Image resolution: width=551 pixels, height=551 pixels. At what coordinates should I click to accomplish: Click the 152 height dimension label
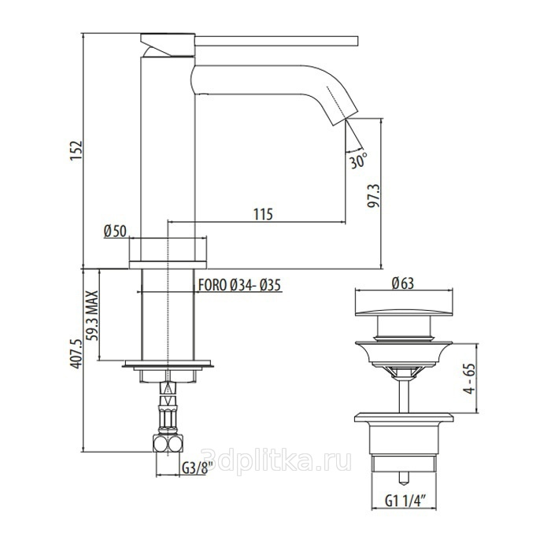[x=76, y=151]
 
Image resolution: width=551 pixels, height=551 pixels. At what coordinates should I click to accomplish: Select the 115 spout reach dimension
[x=263, y=214]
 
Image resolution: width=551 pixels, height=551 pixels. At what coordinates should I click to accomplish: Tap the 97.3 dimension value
[x=374, y=195]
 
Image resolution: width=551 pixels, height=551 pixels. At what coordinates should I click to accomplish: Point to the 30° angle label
[x=358, y=161]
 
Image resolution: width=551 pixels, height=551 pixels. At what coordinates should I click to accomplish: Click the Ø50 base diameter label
[x=115, y=231]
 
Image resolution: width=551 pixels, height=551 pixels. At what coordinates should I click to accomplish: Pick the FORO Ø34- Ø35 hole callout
[x=239, y=285]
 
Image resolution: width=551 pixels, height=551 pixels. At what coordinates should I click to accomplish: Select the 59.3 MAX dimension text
[x=92, y=316]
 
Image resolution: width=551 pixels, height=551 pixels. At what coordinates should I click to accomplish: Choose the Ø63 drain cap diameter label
[x=403, y=283]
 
